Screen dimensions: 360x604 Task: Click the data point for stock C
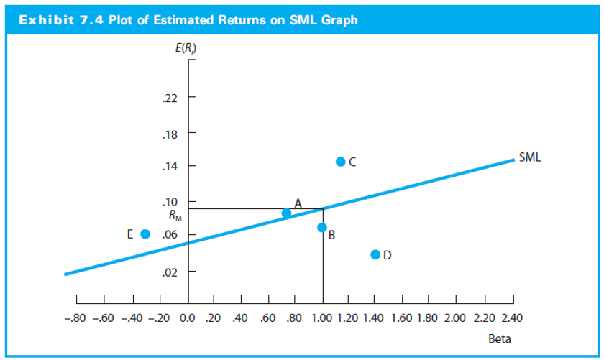pyautogui.click(x=341, y=161)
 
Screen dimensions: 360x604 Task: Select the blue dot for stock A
pyautogui.click(x=286, y=213)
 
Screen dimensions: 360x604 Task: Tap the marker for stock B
pyautogui.click(x=322, y=227)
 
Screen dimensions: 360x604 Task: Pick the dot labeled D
pyautogui.click(x=375, y=254)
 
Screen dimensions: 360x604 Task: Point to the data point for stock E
pyautogui.click(x=145, y=234)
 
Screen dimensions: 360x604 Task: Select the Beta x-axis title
pyautogui.click(x=500, y=338)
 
